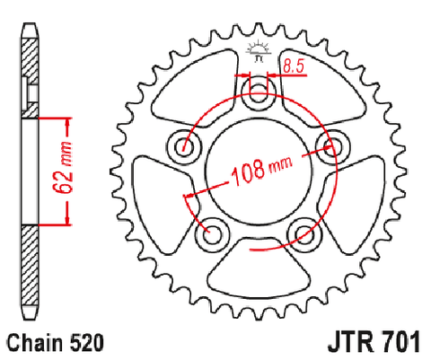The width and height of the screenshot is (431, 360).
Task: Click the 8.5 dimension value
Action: tap(294, 66)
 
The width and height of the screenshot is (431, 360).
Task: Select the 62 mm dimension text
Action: tap(64, 168)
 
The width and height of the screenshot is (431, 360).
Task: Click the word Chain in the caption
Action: tap(36, 343)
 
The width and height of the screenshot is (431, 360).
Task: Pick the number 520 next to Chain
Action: tap(87, 343)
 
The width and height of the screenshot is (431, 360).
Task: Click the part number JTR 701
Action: tap(374, 342)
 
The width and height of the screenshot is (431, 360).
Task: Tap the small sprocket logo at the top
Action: tap(259, 51)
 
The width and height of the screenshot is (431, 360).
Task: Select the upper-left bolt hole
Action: tap(184, 146)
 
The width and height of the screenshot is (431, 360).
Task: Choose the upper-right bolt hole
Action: tap(333, 146)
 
